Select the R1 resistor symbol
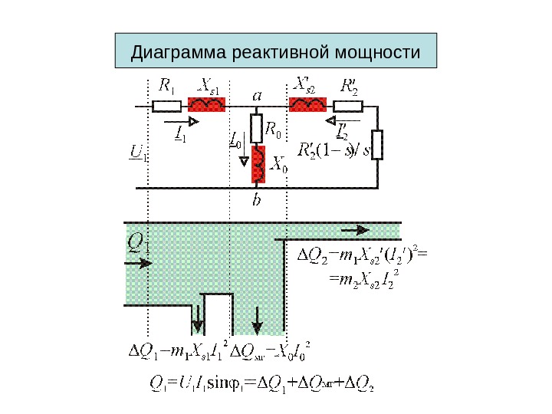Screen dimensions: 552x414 click(166, 105)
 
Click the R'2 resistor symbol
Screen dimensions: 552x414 click(351, 105)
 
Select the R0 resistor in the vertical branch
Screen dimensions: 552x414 click(257, 128)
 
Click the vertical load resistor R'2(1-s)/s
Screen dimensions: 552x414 click(376, 143)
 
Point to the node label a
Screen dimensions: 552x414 click(257, 96)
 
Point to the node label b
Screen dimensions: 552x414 click(258, 201)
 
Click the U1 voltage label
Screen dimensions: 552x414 click(138, 154)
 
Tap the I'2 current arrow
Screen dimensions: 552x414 click(336, 120)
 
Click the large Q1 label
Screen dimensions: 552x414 click(139, 244)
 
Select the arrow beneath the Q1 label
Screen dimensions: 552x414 click(139, 262)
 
